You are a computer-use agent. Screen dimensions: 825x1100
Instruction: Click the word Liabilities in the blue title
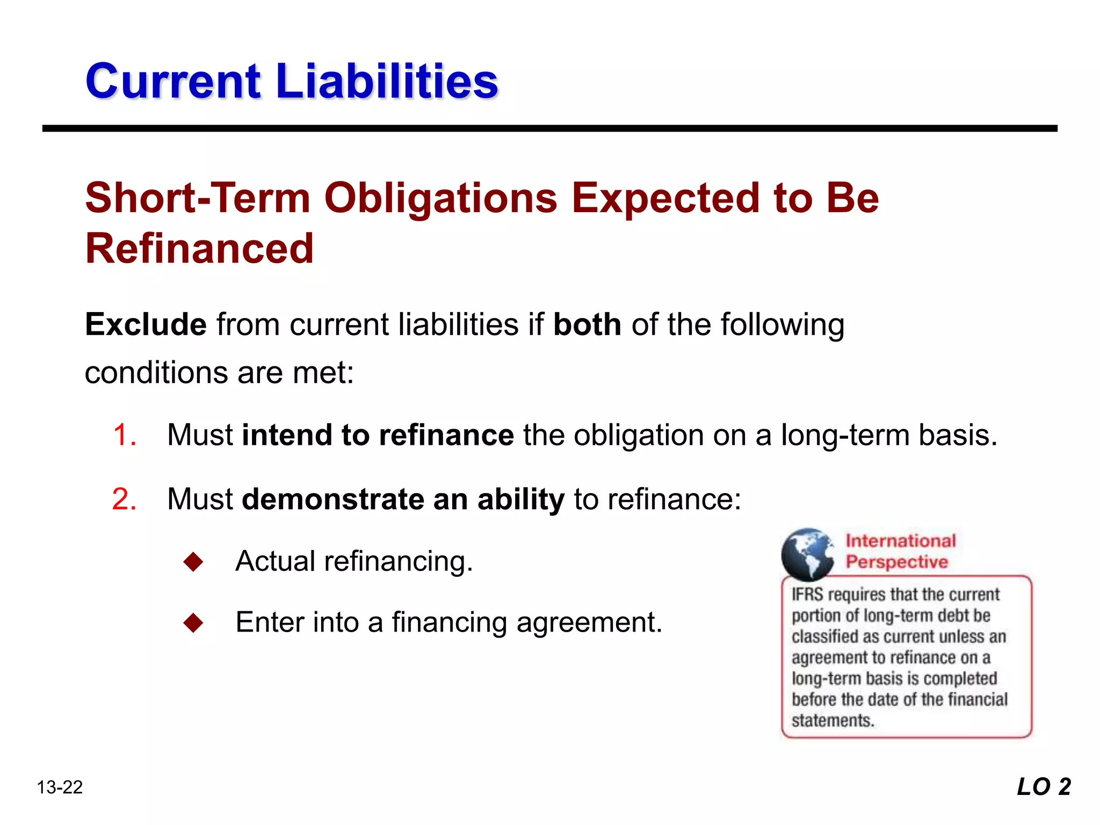coord(387,82)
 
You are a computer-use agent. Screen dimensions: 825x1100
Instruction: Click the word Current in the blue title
coord(173,82)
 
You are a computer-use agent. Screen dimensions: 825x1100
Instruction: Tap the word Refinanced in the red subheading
coord(199,249)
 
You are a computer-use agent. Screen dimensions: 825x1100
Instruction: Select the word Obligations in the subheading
coord(441,198)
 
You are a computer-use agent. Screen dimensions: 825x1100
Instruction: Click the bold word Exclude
coord(146,324)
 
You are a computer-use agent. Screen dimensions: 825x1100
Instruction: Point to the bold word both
coord(587,324)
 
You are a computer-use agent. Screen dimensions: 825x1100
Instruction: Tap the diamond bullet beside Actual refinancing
coord(193,562)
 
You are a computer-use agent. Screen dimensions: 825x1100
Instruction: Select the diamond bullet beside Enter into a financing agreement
coord(193,623)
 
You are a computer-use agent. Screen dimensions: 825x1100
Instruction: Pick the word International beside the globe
coord(901,540)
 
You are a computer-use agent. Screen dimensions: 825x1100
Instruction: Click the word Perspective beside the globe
coord(897,562)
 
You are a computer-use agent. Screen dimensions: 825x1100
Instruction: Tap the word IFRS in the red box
coord(808,595)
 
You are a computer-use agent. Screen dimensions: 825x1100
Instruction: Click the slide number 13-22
coord(60,787)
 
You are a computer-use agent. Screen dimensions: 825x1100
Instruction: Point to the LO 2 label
coord(1044,787)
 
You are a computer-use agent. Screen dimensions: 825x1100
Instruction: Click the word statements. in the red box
coord(833,720)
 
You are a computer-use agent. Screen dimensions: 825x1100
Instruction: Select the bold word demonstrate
coord(333,499)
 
